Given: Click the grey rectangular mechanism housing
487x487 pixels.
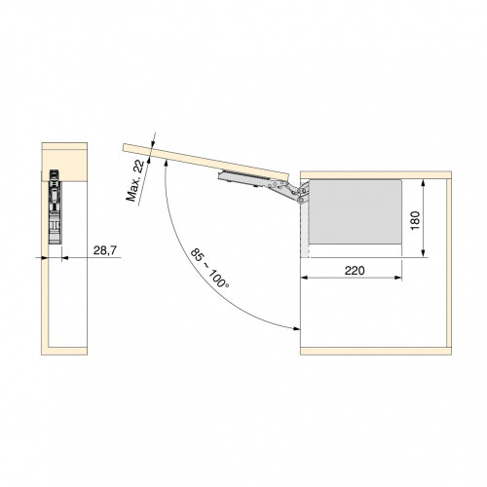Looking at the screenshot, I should tap(356, 212).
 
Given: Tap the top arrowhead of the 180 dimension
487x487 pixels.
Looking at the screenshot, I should tap(425, 183).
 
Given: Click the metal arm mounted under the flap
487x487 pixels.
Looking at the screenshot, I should tap(243, 175).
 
